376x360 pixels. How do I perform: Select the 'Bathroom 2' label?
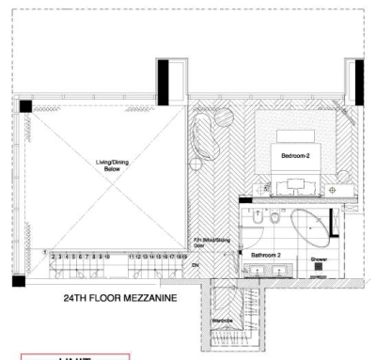point(271,254)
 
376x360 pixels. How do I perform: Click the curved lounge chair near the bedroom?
point(209,140)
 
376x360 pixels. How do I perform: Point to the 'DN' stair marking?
point(196,266)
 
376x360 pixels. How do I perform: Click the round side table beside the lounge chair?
point(196,164)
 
